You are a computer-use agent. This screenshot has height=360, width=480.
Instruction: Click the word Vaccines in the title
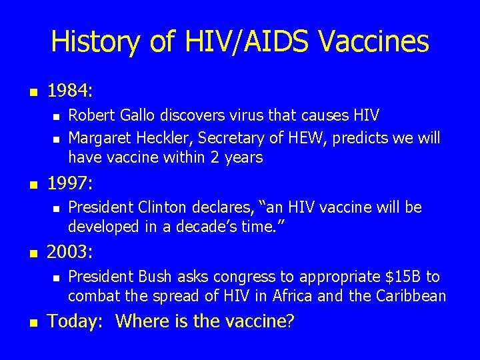374,42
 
